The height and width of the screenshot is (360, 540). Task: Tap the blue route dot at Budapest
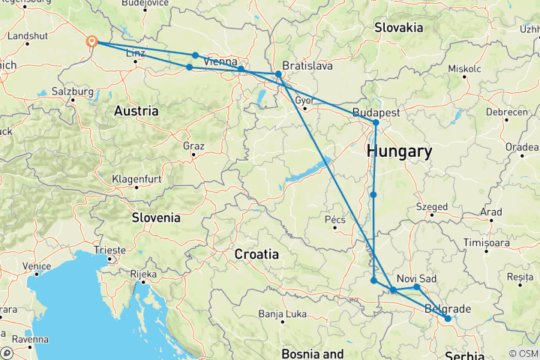(376, 122)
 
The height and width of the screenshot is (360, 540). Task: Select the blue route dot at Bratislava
(278, 74)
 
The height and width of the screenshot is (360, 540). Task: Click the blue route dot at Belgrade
(448, 319)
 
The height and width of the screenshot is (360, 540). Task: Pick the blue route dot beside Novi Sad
(417, 287)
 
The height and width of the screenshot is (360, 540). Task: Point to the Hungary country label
(399, 152)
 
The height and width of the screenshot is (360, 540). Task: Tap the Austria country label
(136, 111)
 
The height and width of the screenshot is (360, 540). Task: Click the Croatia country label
(257, 253)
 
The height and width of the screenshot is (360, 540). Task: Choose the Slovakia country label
(398, 28)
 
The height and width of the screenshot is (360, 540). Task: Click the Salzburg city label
(73, 91)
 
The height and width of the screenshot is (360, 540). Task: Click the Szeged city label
(432, 207)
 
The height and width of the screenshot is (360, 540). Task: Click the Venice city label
(37, 266)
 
